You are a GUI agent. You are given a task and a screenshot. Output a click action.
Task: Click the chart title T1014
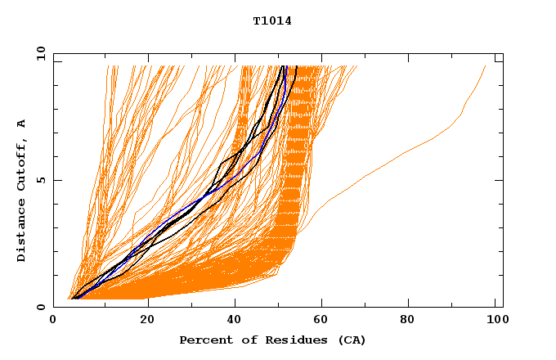tap(272, 21)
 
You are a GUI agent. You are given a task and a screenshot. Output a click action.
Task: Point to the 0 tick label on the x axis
tap(53, 321)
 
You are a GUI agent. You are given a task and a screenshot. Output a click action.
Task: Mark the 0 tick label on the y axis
tap(39, 307)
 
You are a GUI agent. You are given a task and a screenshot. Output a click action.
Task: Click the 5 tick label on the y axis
tap(39, 180)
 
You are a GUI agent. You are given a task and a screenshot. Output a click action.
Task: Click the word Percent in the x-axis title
tap(202, 340)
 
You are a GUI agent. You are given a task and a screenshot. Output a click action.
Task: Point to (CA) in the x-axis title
tap(350, 340)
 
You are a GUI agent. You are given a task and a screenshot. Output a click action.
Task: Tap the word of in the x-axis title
tap(245, 340)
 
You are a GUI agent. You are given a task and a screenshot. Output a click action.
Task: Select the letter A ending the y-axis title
tap(22, 123)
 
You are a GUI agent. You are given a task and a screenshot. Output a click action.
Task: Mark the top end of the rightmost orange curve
tap(485, 66)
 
